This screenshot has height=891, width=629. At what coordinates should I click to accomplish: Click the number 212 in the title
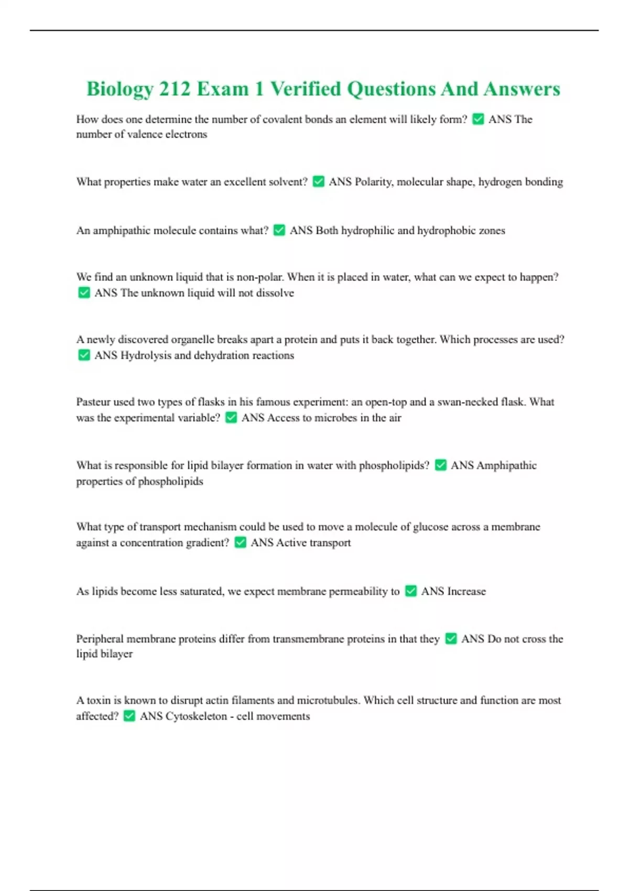click(x=175, y=89)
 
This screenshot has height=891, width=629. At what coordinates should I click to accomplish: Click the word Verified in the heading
click(x=305, y=89)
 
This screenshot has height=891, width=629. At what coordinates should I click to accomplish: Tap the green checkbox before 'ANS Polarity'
click(x=318, y=181)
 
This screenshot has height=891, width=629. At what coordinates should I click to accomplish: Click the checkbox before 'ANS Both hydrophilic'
click(x=279, y=230)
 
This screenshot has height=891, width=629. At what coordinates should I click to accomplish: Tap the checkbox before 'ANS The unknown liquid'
click(x=84, y=292)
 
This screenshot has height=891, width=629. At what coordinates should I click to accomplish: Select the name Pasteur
click(x=93, y=402)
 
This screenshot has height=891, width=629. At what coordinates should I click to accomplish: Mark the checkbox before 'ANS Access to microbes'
click(x=231, y=417)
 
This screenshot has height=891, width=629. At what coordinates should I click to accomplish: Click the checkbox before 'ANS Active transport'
click(x=240, y=542)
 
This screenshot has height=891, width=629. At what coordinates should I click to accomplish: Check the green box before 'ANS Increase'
click(x=411, y=591)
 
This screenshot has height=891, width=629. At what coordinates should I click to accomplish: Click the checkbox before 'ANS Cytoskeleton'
click(x=129, y=716)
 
